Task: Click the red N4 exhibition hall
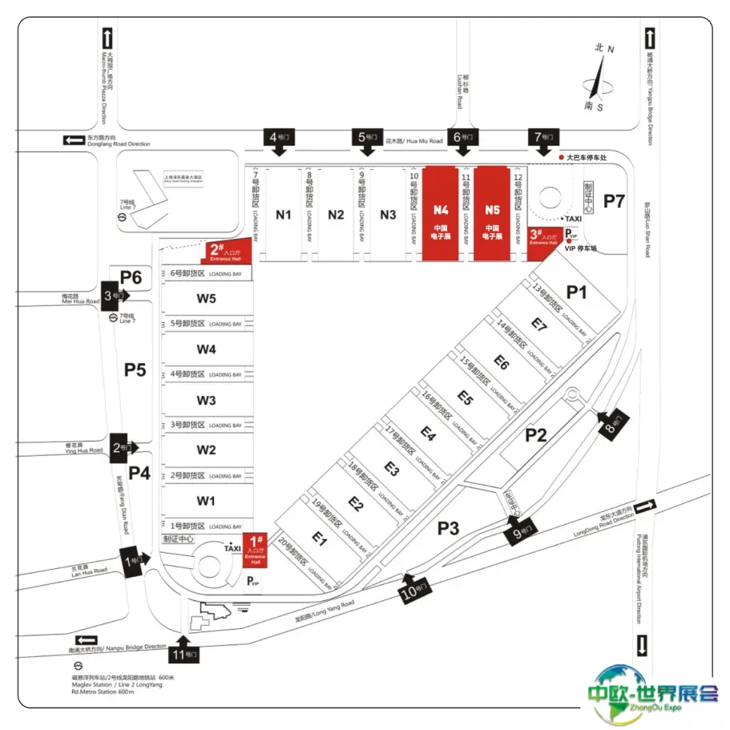441,213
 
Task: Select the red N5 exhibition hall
492,213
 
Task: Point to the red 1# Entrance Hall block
255,551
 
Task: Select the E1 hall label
321,540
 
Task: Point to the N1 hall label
284,214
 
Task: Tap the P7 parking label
614,200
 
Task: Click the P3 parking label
448,527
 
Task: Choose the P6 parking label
131,277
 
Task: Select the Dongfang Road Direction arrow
75,140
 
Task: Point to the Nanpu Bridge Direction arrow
86,641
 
